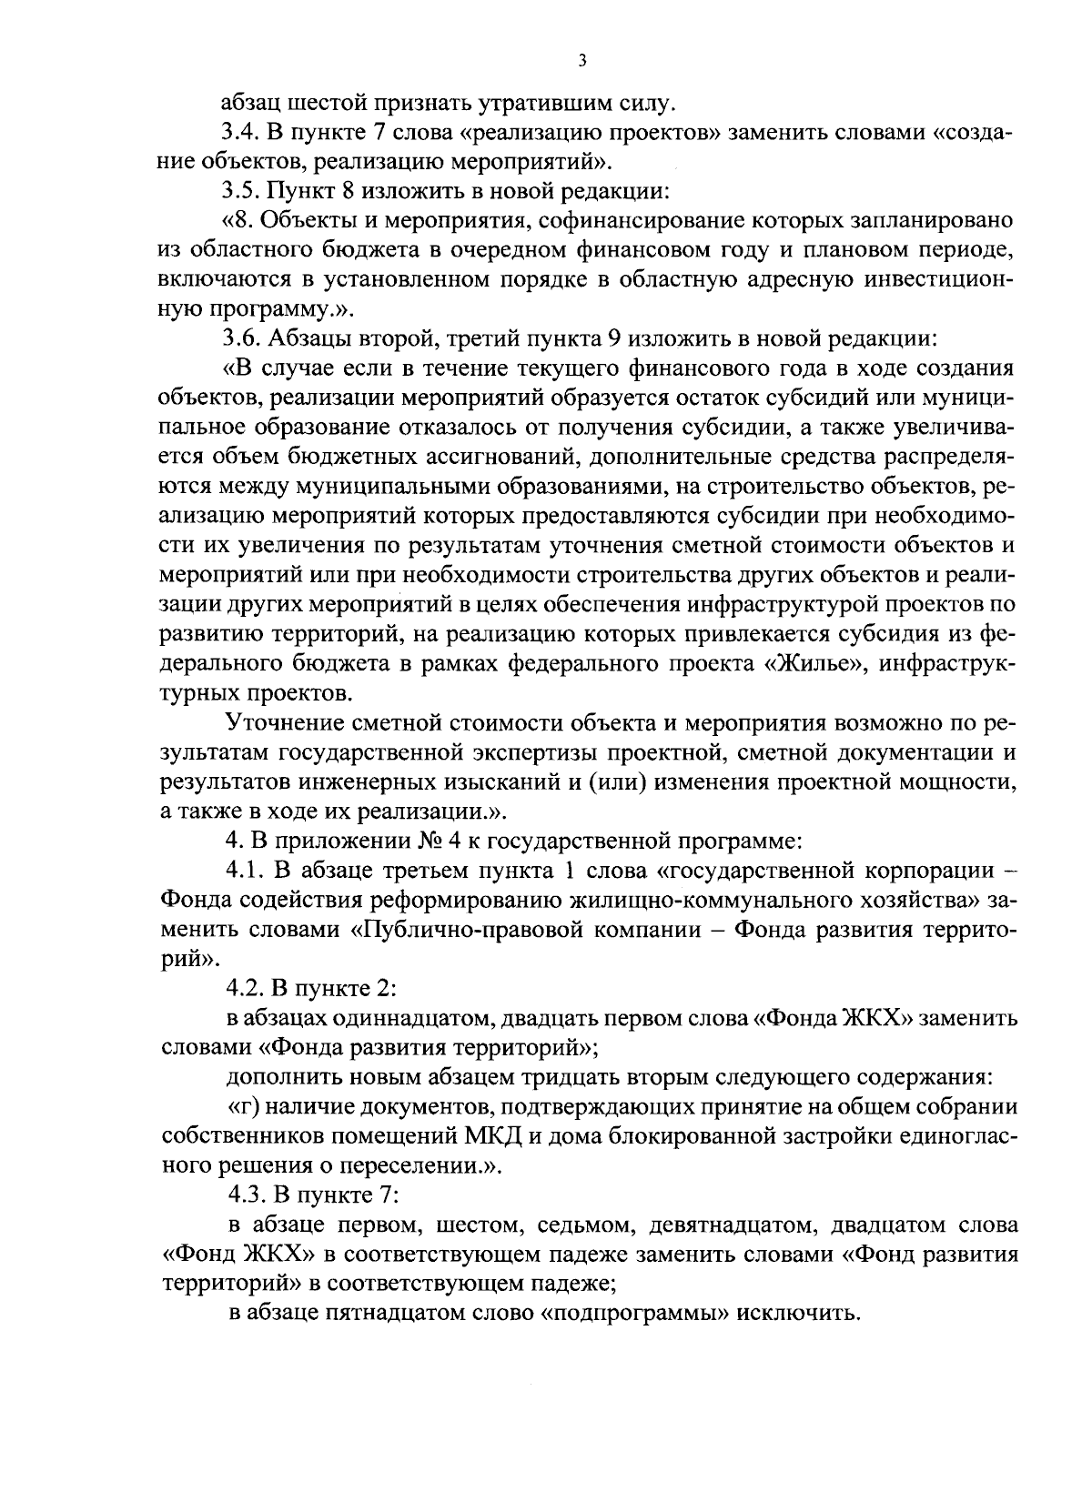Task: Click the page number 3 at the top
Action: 582,61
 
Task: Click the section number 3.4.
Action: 242,133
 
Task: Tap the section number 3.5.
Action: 242,192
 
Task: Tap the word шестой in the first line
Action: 315,103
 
